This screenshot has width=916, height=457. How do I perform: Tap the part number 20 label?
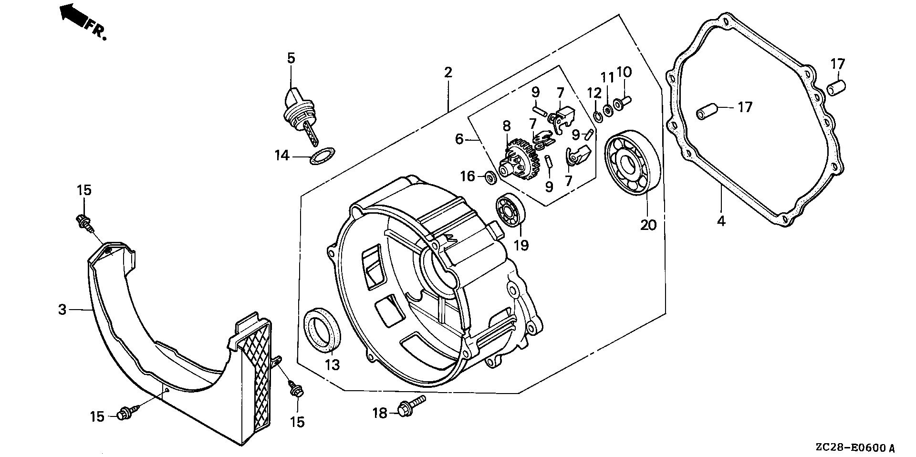(648, 225)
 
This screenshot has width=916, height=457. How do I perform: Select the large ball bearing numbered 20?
(632, 164)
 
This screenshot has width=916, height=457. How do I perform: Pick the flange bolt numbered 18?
(411, 407)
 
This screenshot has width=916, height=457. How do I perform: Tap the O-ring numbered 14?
(322, 156)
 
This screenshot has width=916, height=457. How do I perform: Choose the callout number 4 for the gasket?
(721, 221)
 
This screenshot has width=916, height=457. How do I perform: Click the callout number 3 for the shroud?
(62, 310)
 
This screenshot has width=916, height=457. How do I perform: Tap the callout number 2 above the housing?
(448, 73)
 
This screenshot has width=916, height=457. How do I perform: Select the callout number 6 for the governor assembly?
(459, 139)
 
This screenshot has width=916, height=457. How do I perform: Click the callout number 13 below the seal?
(332, 365)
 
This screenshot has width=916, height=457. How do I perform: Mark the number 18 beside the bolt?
(380, 413)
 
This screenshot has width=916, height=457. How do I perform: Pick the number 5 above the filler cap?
(291, 58)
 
